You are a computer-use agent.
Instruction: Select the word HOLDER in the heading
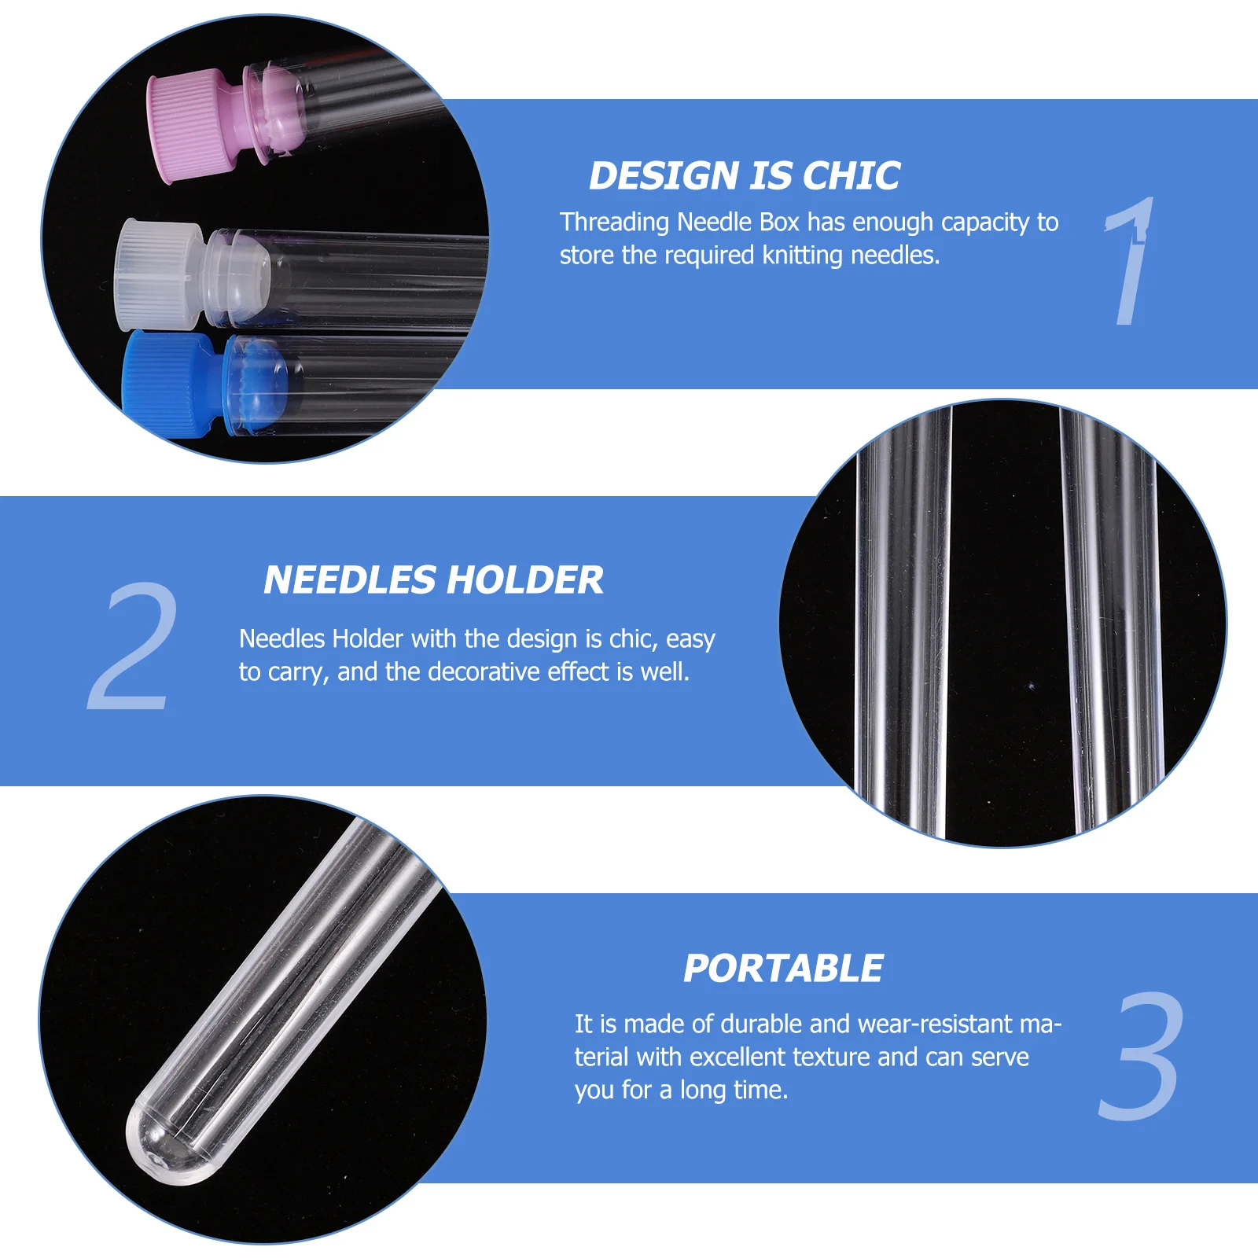pos(526,580)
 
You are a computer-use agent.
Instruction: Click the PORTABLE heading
pos(783,969)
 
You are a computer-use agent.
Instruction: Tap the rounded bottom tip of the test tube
pos(161,1144)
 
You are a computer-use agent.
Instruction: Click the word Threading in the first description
pos(614,223)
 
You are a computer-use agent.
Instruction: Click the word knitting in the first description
pos(803,256)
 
